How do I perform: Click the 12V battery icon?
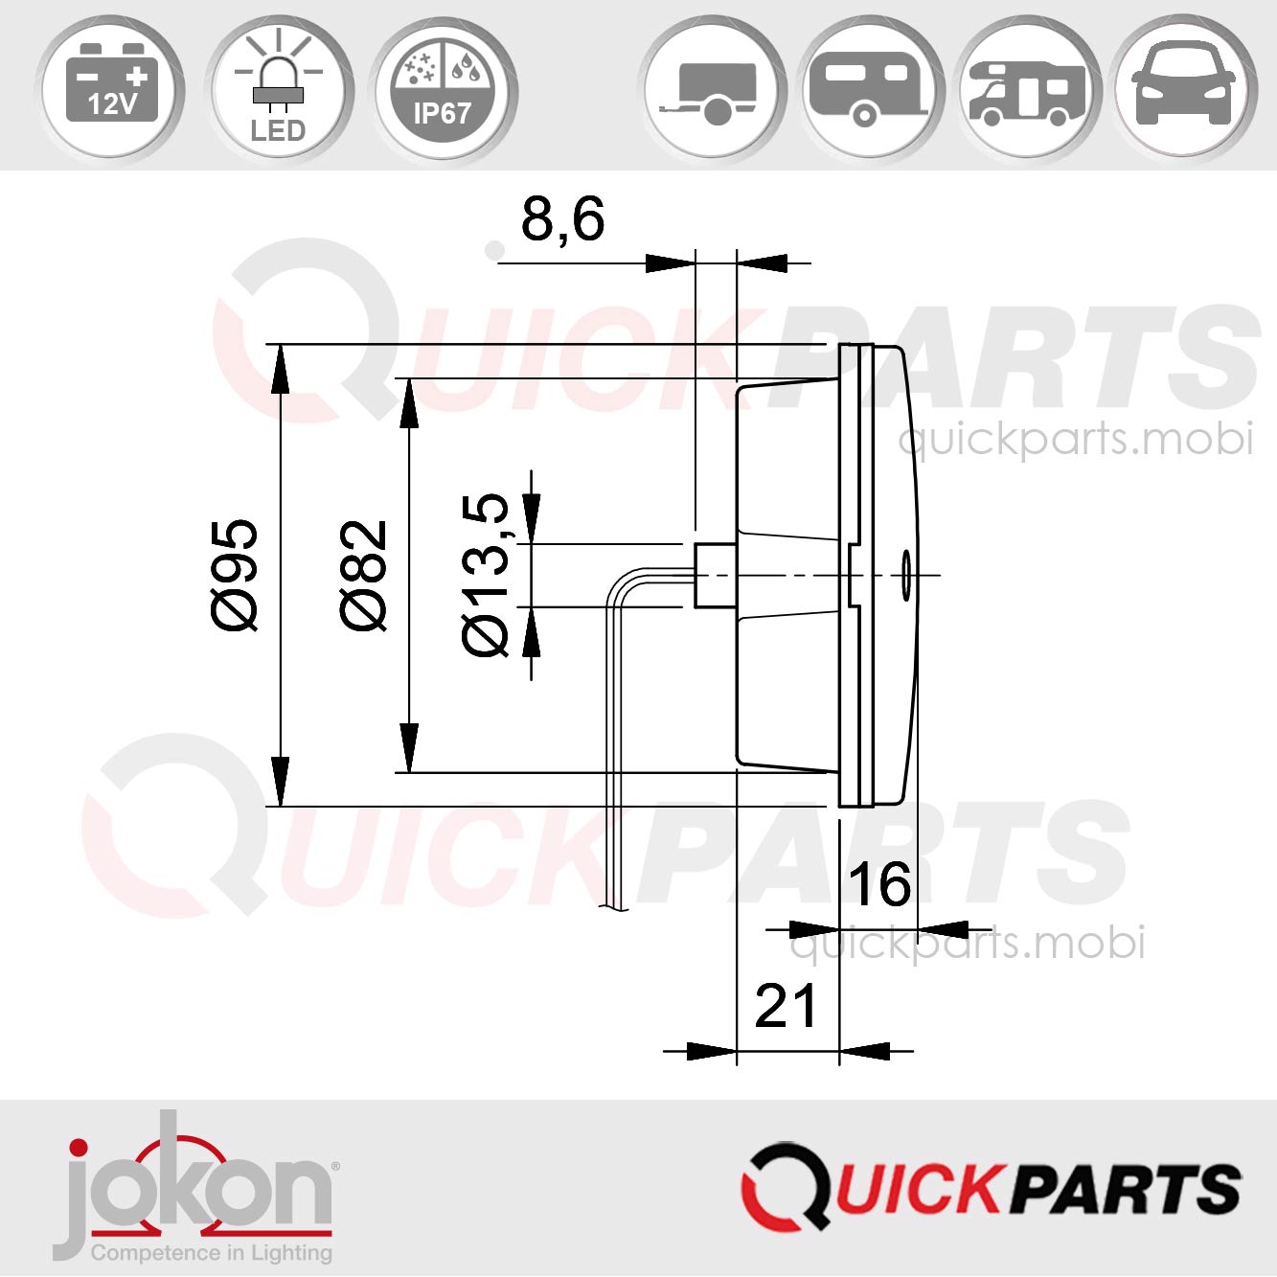(x=112, y=87)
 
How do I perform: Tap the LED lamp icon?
(x=278, y=87)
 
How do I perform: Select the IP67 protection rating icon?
(x=442, y=87)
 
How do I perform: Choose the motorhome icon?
(x=1028, y=87)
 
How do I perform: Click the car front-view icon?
(x=1183, y=87)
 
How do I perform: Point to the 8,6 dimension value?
(x=562, y=219)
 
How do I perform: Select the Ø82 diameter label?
(x=365, y=574)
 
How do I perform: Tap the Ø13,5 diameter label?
(x=488, y=574)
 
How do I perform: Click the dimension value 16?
(x=879, y=884)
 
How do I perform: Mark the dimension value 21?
(x=786, y=1006)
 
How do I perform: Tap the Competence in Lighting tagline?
(x=211, y=1252)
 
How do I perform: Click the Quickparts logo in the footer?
(x=991, y=1187)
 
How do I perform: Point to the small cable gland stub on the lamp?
(x=715, y=575)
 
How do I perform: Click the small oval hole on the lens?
(x=905, y=575)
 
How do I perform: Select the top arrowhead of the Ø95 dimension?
(x=280, y=370)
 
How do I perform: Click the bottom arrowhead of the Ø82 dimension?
(x=409, y=747)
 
